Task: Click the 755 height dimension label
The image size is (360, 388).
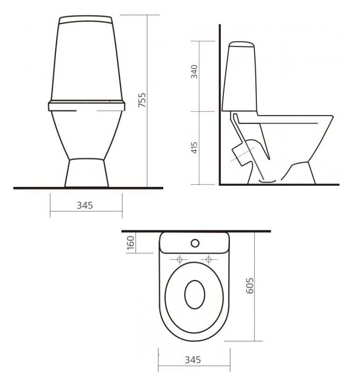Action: tap(143, 100)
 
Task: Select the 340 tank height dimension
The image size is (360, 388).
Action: tap(195, 71)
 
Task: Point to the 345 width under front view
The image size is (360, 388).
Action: tap(86, 205)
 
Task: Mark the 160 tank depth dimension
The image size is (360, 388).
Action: tap(131, 243)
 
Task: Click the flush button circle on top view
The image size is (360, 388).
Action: tap(195, 243)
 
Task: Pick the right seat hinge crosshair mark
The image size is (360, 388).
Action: tap(208, 259)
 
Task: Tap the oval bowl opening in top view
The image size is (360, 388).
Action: tap(194, 295)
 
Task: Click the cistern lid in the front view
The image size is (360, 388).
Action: tap(86, 20)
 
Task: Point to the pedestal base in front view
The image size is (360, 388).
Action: tap(86, 173)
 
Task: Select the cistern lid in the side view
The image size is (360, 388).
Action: tap(241, 45)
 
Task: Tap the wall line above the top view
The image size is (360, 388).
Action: tap(140, 231)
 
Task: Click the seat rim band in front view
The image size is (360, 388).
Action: tap(86, 105)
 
